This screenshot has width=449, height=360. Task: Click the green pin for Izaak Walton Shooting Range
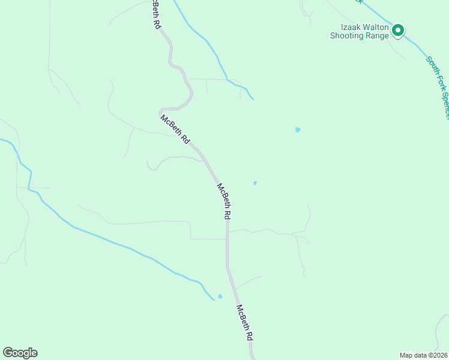pos(397,30)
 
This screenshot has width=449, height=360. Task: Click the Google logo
pos(20,353)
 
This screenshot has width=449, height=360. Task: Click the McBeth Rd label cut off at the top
pos(157,13)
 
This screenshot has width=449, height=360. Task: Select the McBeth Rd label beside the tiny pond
pos(224,201)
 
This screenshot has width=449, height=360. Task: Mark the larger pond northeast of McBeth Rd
pos(298,130)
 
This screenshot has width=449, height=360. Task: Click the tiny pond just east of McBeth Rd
pos(255,183)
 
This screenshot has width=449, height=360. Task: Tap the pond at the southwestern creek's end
pos(220,296)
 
